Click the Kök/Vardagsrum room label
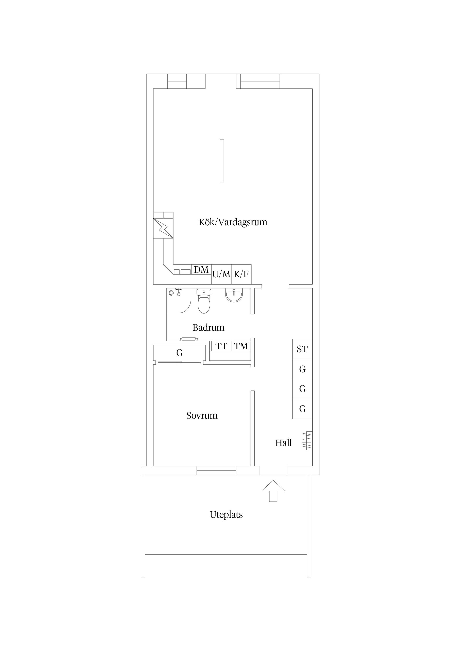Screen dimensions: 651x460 click(233, 222)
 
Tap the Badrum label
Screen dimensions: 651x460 click(208, 328)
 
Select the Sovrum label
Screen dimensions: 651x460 click(202, 416)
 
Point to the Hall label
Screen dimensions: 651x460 click(283, 443)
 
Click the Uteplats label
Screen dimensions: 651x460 click(226, 515)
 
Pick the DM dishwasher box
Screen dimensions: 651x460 click(201, 269)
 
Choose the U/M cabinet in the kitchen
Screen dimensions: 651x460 click(221, 274)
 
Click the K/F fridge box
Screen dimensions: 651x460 click(241, 274)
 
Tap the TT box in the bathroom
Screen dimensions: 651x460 click(221, 346)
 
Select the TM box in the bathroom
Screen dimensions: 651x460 click(241, 346)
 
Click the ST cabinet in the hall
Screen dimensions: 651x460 click(302, 349)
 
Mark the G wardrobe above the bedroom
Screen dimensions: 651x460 click(179, 353)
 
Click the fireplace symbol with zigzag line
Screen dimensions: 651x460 click(163, 228)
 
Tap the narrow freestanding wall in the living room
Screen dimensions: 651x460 click(222, 161)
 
